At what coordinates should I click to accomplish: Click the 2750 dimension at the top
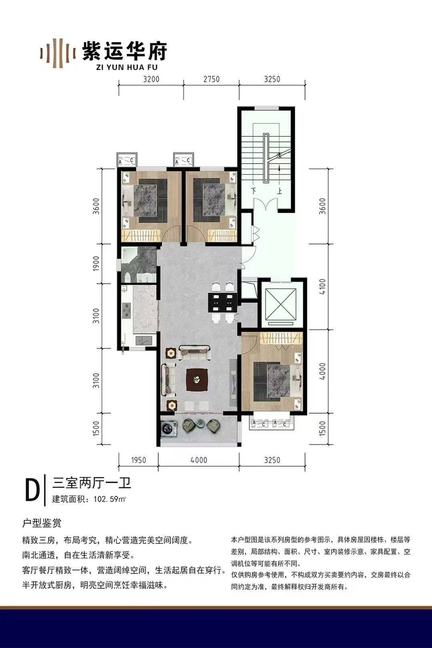tap(211, 79)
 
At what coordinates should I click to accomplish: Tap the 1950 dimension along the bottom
tap(138, 460)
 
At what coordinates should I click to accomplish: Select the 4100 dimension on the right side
tap(322, 286)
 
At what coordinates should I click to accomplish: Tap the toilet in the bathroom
tap(127, 277)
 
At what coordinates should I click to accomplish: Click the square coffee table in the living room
tap(197, 379)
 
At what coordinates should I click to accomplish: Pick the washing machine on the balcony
tap(169, 428)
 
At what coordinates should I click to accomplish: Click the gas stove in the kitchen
tap(127, 310)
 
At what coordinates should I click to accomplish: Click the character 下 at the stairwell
tap(255, 191)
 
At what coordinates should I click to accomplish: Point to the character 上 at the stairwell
tap(280, 191)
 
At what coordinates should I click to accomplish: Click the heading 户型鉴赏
tap(42, 523)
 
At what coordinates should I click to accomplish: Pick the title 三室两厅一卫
tap(92, 483)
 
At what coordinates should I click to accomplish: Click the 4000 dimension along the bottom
tap(199, 460)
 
